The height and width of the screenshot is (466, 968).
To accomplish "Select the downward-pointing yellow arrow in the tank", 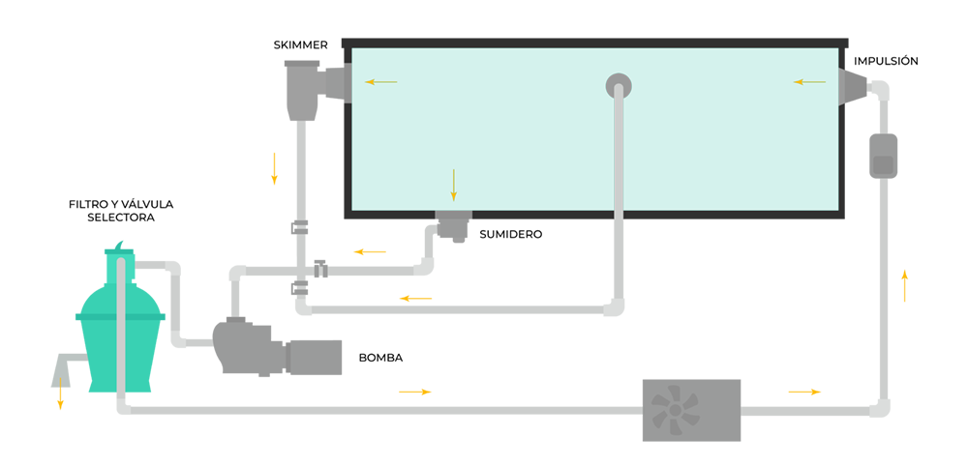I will (453, 184).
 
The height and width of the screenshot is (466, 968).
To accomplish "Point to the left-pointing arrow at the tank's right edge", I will (810, 82).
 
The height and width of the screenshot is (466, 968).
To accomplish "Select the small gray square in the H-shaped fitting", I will (882, 164).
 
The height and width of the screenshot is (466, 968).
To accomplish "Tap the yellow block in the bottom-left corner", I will (67, 416).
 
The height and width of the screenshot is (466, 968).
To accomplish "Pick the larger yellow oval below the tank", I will (372, 248).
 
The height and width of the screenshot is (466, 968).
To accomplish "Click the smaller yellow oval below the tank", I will (415, 293).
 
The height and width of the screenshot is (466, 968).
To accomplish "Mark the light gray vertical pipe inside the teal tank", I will (618, 155).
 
